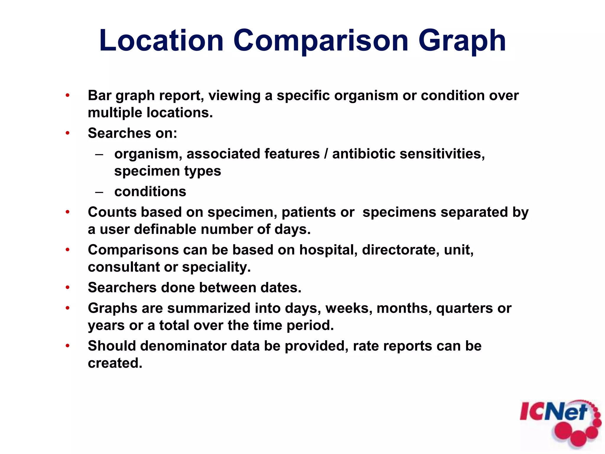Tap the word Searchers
[122, 288]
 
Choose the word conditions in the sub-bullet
[150, 192]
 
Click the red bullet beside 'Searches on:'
[68, 133]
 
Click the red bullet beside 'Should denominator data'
[68, 346]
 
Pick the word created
[115, 363]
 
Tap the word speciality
[216, 267]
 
